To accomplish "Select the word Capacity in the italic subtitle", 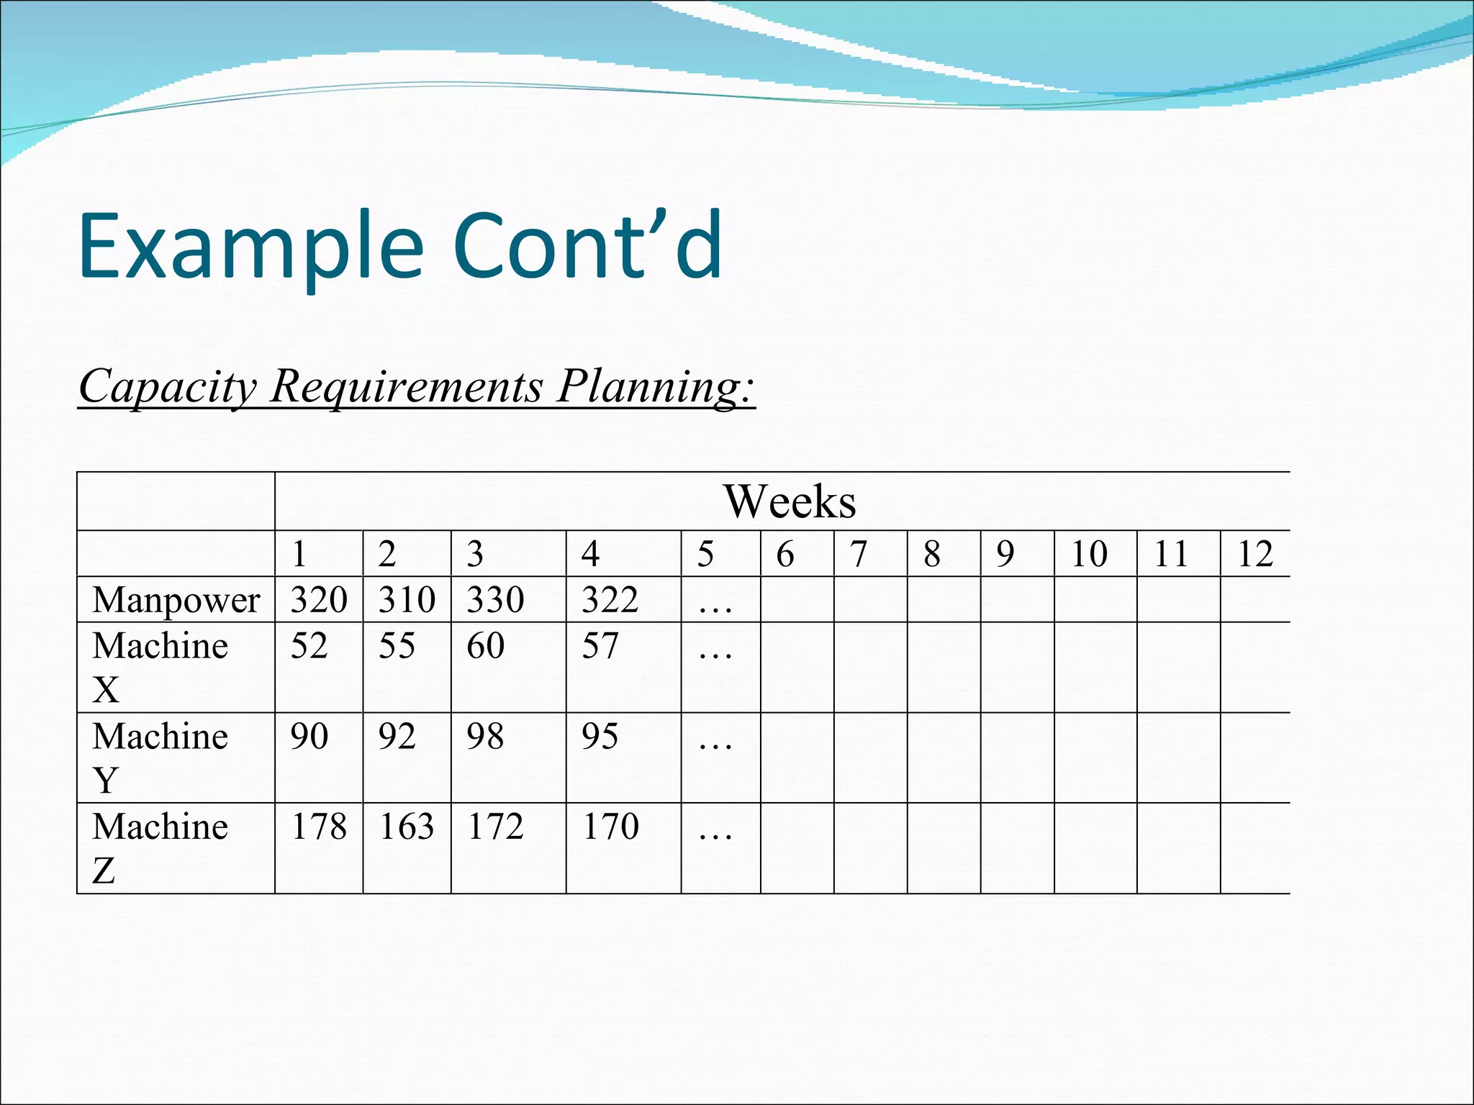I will coord(167,386).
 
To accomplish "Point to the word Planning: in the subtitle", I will coord(656,386).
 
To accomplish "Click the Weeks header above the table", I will coord(790,501).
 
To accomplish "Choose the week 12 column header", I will coord(1255,554).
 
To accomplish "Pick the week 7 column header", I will coord(858,554).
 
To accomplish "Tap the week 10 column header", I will coord(1089,554).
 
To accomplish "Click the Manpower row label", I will coord(176,600).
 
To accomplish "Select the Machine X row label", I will coord(160,667).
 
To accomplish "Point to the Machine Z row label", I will coord(160,848).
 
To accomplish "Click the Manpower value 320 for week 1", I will coord(319,600).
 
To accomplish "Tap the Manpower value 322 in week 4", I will coord(610,600).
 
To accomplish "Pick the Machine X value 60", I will coord(485,646).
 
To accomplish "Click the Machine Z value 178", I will coord(319,827).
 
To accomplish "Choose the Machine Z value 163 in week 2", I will coord(407,827).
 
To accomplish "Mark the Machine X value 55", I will coord(397,646).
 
